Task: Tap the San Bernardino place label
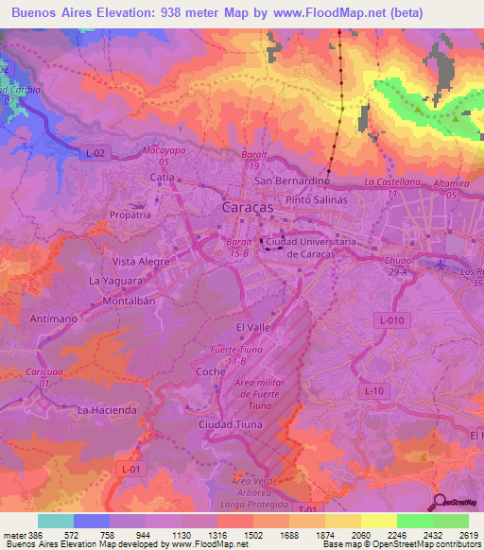click(291, 180)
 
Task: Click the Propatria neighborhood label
click(130, 215)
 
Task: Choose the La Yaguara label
click(115, 281)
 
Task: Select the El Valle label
click(252, 327)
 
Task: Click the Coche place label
click(209, 371)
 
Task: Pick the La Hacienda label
click(107, 410)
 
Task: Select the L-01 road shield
click(131, 468)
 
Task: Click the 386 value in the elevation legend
click(34, 535)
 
